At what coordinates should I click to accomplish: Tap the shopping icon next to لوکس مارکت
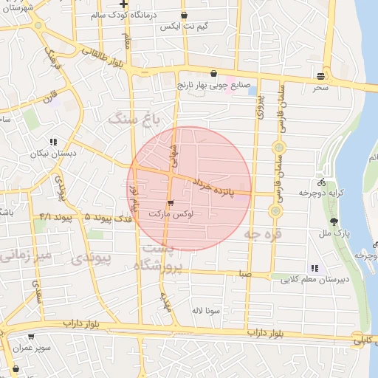171,202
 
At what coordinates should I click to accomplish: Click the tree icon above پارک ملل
334,221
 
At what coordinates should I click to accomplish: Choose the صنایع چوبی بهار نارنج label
214,86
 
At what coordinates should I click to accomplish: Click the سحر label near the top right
320,87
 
